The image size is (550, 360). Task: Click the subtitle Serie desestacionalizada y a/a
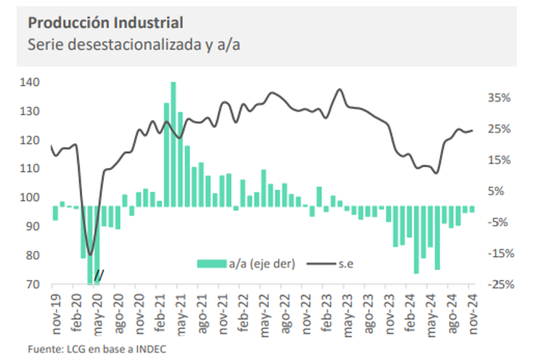tap(133, 44)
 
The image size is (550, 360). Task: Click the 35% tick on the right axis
tap(500, 98)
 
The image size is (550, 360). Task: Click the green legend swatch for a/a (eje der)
tap(212, 263)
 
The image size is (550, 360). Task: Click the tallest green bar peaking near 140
tap(173, 143)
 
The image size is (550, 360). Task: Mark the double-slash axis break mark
tap(99, 275)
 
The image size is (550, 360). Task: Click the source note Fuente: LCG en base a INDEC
tap(97, 349)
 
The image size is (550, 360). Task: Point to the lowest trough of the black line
tap(90, 255)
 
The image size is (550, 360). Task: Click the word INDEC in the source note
tap(151, 349)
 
